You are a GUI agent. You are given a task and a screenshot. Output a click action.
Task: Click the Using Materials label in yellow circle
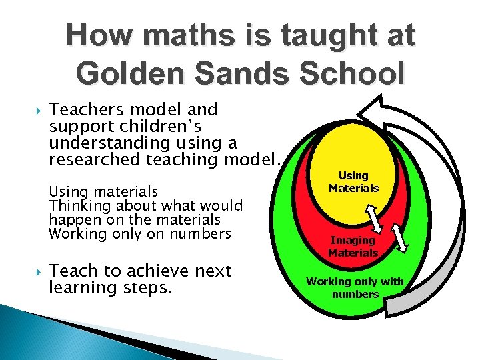[x=353, y=182]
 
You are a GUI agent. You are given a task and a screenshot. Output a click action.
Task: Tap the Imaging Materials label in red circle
[x=353, y=246]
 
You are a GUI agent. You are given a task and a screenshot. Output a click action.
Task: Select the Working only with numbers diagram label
[x=355, y=287]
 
